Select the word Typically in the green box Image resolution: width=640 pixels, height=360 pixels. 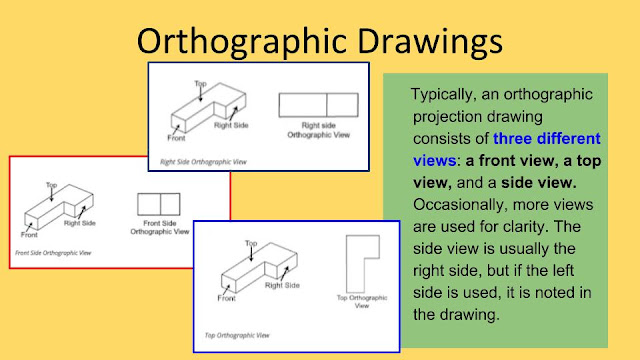pos(447,95)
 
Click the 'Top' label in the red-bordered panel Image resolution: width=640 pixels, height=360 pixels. pos(50,184)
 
